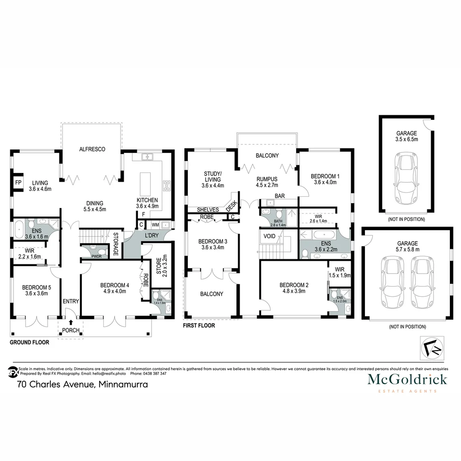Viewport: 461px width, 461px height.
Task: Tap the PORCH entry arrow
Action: click(70, 322)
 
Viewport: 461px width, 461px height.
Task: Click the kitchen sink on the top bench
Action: click(148, 157)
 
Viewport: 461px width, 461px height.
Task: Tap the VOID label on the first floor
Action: click(269, 236)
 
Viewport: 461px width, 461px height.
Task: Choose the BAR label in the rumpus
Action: click(280, 196)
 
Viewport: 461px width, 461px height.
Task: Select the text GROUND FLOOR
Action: click(30, 342)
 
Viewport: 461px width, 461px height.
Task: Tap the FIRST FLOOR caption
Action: click(199, 325)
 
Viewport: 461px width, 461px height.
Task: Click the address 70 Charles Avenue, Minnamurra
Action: click(82, 385)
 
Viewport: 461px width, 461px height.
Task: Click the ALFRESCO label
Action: click(92, 149)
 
